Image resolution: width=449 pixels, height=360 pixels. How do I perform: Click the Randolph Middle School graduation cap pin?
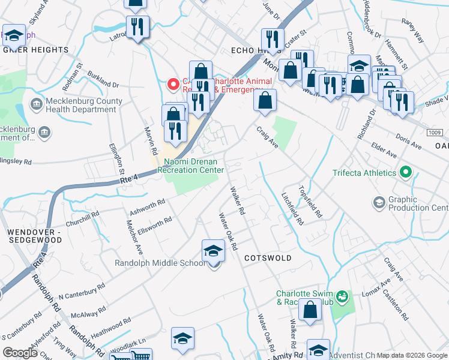[x=213, y=250]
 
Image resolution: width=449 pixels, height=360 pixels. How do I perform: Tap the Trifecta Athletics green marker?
[x=406, y=173]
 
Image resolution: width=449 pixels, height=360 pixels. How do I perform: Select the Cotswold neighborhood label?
[x=268, y=258]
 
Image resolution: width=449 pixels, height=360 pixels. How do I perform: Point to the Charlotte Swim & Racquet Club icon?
[x=342, y=296]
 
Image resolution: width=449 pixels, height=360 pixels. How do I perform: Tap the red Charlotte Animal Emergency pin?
[x=174, y=85]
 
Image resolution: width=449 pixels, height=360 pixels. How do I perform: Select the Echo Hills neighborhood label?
[x=243, y=51]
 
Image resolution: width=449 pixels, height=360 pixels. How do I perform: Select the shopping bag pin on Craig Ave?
[x=265, y=101]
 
